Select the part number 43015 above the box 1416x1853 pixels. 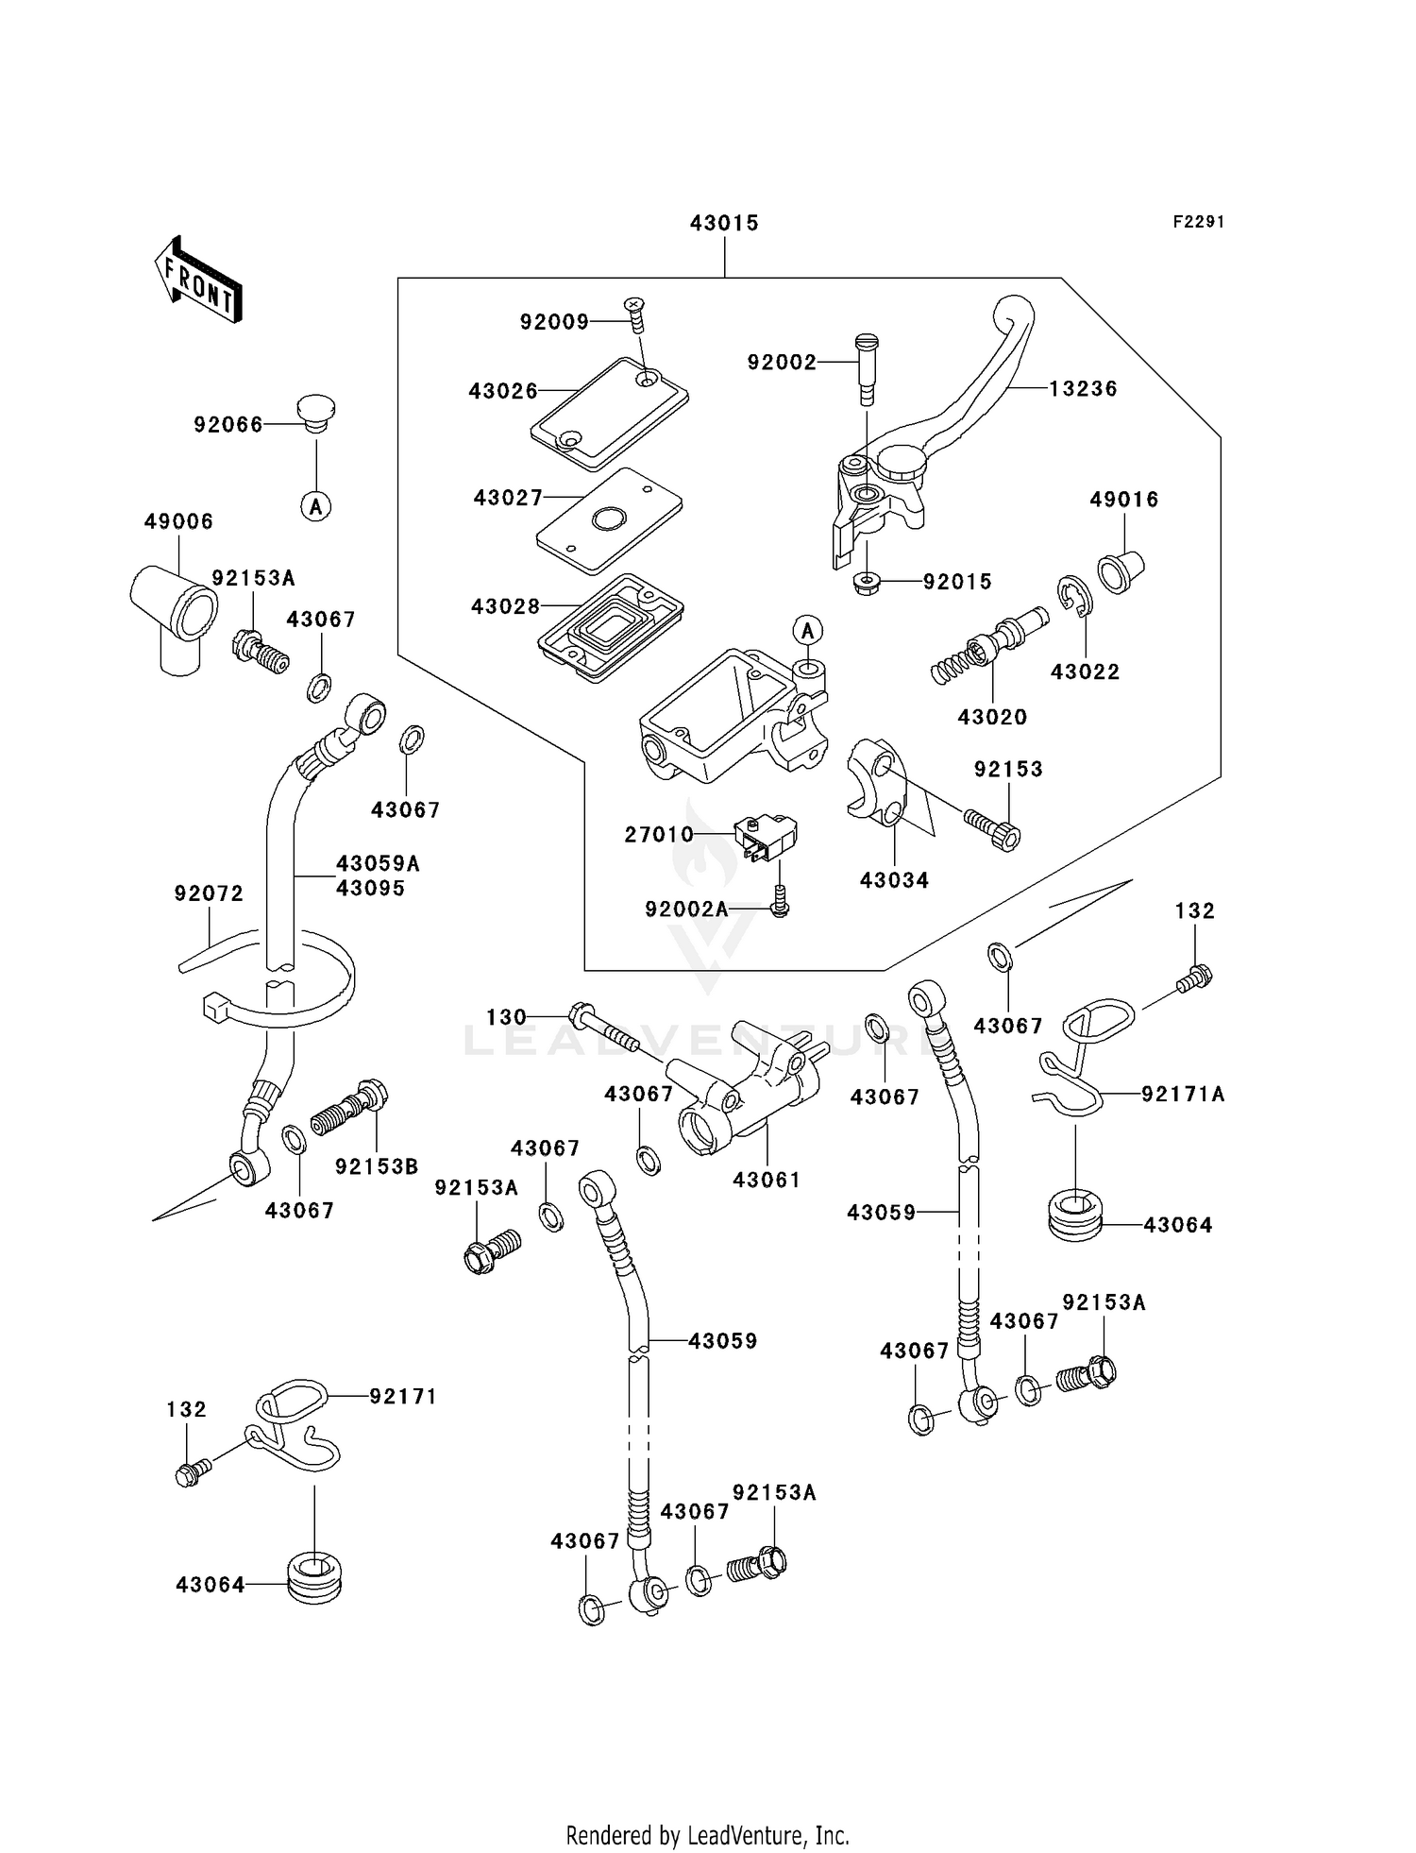click(x=724, y=224)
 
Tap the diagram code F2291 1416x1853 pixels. click(x=1198, y=222)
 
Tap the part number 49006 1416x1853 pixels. click(x=178, y=521)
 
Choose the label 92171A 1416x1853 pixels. click(x=1183, y=1094)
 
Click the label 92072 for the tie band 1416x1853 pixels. click(x=209, y=893)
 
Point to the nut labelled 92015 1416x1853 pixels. click(x=865, y=583)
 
